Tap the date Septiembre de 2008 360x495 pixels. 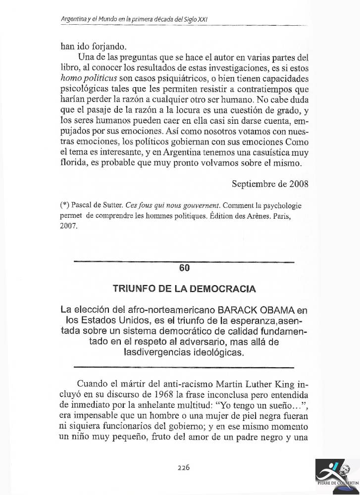tap(270, 184)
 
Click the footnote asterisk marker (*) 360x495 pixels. tap(64, 205)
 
